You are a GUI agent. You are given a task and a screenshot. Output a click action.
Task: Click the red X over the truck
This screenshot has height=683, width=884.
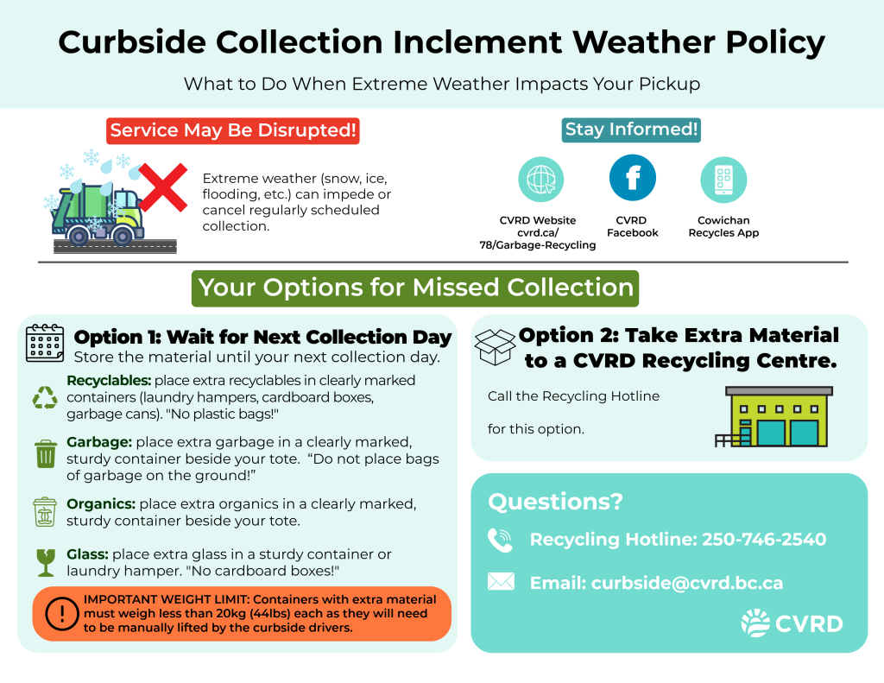163,187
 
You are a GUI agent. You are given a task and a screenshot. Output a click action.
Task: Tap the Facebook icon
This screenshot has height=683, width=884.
633,178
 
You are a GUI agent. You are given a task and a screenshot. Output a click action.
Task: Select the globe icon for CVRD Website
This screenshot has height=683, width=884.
540,180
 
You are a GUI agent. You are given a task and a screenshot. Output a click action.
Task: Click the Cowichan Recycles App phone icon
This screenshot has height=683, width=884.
724,180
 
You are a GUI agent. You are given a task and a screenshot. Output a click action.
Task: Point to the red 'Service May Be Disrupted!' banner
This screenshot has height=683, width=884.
233,131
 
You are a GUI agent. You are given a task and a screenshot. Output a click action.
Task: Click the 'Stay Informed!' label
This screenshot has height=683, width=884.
631,130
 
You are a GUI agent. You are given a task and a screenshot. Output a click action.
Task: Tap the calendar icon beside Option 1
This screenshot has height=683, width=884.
45,343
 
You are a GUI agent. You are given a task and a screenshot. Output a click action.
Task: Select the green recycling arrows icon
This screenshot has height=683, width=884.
45,397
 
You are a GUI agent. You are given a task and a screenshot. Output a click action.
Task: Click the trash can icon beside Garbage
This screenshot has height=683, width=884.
46,454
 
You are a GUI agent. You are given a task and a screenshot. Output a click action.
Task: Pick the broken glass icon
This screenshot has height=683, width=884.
46,562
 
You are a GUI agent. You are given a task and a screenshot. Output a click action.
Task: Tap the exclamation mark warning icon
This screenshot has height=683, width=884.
62,614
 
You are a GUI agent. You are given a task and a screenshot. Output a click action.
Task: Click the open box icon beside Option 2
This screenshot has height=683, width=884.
495,347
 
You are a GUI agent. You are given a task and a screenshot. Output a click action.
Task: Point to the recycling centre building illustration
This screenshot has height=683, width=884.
773,417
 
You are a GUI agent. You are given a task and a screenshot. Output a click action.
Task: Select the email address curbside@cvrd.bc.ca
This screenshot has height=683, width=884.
686,583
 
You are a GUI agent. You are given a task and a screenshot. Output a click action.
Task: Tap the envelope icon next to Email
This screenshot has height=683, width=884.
501,581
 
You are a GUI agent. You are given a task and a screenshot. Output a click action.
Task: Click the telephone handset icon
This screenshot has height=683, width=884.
500,540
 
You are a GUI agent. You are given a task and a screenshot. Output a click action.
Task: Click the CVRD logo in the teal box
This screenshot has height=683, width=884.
792,623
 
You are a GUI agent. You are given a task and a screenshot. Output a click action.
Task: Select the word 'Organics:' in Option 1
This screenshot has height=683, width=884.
101,503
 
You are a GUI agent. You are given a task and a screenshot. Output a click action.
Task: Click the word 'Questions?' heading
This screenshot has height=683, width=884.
555,502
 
